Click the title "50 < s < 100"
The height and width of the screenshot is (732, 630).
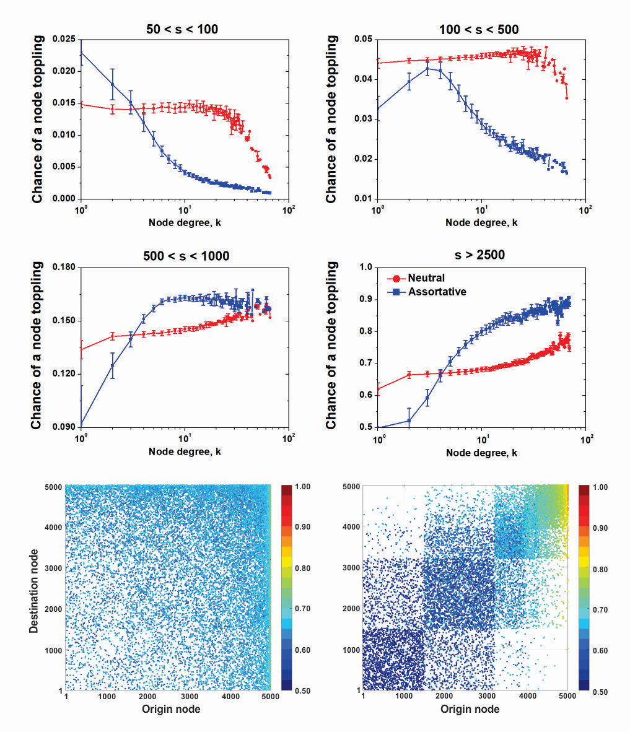(x=183, y=29)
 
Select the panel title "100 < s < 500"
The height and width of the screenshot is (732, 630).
(x=481, y=29)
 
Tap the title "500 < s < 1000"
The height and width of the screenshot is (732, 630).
(x=183, y=256)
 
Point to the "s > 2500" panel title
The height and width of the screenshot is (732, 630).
(x=481, y=255)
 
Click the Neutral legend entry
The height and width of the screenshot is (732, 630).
(x=426, y=278)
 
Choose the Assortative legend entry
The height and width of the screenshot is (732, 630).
(x=437, y=291)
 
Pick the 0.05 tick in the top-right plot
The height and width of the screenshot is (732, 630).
(x=362, y=39)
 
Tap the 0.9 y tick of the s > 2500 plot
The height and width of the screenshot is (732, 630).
(x=364, y=299)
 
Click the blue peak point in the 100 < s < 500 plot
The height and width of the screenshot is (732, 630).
(x=427, y=68)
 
